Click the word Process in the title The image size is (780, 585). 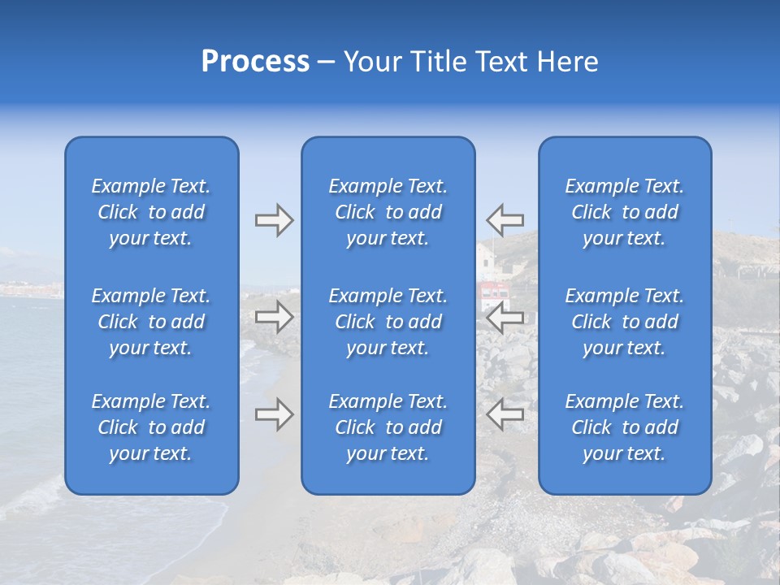[255, 62]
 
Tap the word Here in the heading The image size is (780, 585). [566, 62]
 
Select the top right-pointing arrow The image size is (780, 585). [274, 220]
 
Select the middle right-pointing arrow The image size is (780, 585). [274, 317]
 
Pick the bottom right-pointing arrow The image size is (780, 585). [274, 414]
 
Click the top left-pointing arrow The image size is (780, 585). [505, 219]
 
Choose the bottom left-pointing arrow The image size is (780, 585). [505, 414]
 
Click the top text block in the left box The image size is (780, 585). [151, 212]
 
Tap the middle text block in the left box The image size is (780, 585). [151, 322]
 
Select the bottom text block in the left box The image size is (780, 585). [151, 427]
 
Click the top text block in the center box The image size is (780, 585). [388, 212]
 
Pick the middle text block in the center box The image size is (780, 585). [388, 322]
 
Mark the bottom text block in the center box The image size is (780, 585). [388, 427]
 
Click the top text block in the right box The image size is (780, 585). [625, 212]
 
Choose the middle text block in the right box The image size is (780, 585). [625, 322]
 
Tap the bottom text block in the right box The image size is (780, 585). [625, 427]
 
